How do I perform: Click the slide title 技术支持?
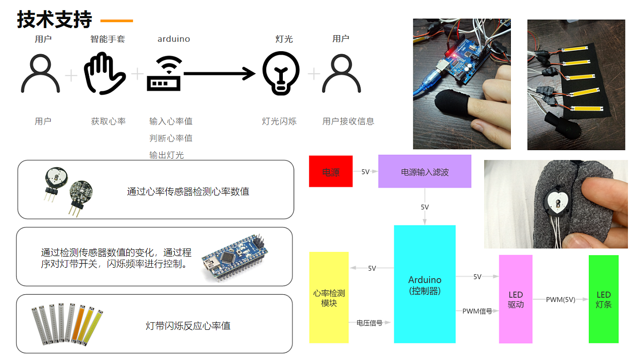coord(55,20)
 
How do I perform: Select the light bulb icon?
coord(281,73)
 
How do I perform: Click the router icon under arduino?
coord(164,74)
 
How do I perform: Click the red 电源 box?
coord(331,172)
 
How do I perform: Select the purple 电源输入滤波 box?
coord(424,171)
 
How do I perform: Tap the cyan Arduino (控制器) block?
coord(424,284)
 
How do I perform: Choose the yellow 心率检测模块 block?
coord(329,298)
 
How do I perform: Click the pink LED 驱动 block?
coord(515,299)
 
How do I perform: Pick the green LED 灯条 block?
coord(603,299)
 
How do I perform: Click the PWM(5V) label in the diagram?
coord(560,299)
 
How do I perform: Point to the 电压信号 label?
coord(369,323)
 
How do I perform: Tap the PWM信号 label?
coord(477,311)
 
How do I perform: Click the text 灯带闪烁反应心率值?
coord(188,326)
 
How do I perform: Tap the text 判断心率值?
coord(171,138)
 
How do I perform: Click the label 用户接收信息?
coord(348,121)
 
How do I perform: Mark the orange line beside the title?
coord(117,21)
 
